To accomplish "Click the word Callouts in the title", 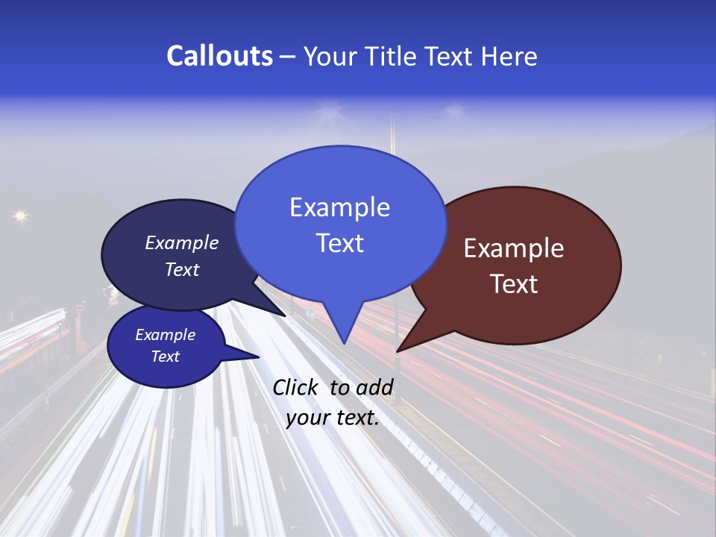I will tap(219, 56).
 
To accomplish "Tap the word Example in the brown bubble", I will tap(514, 248).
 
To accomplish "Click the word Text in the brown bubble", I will tap(514, 284).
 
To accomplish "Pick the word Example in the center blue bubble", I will tap(339, 207).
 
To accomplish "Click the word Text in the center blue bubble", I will tap(339, 243).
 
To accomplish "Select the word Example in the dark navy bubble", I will tap(182, 243).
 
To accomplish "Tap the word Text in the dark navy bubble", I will tap(182, 269).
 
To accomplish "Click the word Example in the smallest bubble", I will tap(165, 335).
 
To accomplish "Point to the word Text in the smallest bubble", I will tap(165, 357).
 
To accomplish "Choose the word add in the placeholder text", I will tap(374, 387).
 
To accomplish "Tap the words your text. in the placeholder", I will tap(333, 418).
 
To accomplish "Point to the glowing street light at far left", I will tap(19, 216).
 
